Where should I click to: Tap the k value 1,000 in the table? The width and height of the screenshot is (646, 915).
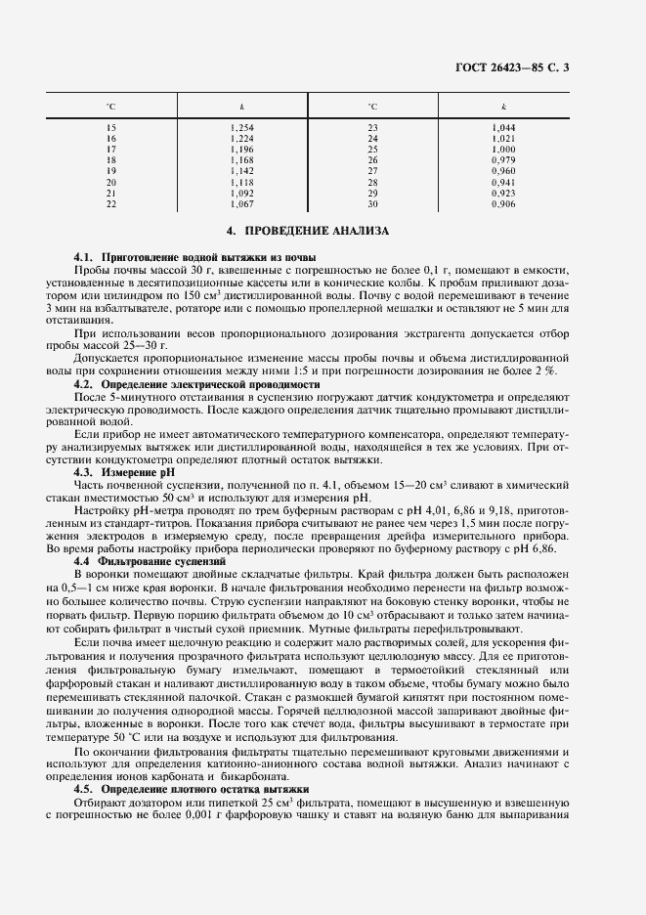(x=503, y=150)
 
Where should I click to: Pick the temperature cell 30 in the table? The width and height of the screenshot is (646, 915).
(x=372, y=203)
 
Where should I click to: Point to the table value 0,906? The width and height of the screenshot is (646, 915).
(x=503, y=203)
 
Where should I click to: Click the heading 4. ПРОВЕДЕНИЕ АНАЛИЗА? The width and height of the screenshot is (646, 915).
(x=308, y=232)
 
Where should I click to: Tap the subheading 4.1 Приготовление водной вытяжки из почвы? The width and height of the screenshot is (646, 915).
(x=181, y=255)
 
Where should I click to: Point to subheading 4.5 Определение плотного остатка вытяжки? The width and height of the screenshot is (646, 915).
(x=191, y=787)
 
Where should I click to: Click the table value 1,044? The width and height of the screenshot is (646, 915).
(x=503, y=129)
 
